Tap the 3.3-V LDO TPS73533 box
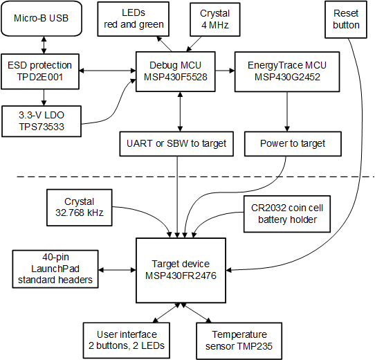click(x=42, y=118)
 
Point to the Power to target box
click(x=292, y=143)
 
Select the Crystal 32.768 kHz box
click(x=80, y=206)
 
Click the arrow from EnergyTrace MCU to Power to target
click(x=286, y=111)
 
